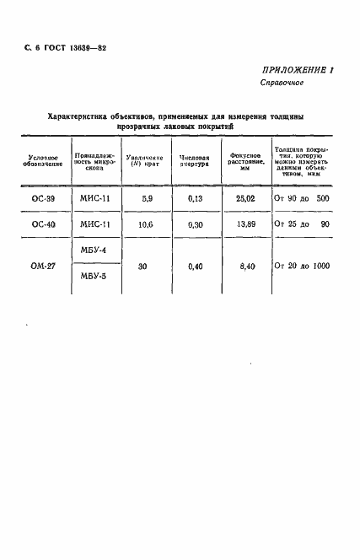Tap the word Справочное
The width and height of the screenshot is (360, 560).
tap(281, 84)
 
